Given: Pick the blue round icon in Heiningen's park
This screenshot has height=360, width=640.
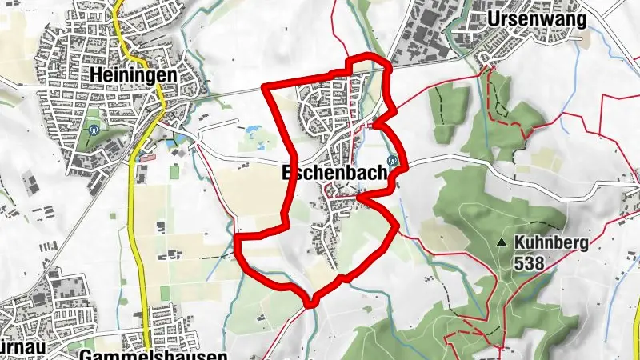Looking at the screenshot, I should [x=94, y=126].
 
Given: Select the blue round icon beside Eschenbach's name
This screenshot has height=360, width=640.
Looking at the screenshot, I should [x=393, y=160].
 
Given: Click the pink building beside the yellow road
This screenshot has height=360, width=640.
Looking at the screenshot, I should [x=146, y=157].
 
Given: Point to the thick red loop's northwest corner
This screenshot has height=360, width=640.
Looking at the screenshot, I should [x=266, y=86].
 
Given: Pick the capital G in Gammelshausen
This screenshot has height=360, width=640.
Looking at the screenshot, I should [x=86, y=354].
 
